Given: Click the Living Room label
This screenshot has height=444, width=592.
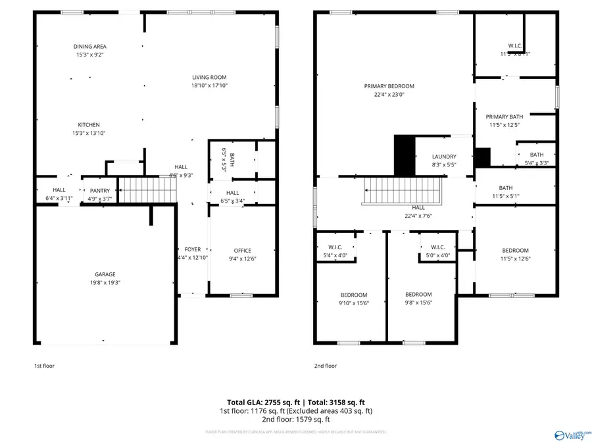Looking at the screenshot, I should pos(209,78).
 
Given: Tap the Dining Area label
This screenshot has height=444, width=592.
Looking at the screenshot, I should pos(89,47).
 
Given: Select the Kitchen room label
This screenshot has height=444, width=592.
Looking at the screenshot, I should pos(89,125).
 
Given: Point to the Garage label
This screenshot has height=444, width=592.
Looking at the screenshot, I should pos(105,274).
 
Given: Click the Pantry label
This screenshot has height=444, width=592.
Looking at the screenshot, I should pos(100,191).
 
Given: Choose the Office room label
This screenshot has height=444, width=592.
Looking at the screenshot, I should pos(243,251).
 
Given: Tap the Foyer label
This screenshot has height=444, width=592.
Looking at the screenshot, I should pos(192,250).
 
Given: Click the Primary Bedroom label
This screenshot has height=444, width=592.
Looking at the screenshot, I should pos(389,86).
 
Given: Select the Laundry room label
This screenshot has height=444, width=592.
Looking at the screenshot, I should pos(444,157).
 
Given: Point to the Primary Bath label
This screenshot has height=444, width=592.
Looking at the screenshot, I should pos(505,116).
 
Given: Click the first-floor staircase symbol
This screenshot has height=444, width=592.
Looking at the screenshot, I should pos(148,191).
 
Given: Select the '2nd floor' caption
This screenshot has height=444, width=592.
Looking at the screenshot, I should pos(325,366).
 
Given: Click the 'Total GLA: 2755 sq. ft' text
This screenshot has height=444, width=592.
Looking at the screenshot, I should pos(260,402).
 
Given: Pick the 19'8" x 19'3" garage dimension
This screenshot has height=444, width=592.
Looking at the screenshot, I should pos(105,283).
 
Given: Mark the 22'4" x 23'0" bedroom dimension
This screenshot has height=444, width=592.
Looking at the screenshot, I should pos(389,95).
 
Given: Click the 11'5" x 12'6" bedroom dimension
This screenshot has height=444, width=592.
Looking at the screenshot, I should pos(515,259).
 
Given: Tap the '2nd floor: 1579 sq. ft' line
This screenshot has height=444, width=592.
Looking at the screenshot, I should pos(295,419).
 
